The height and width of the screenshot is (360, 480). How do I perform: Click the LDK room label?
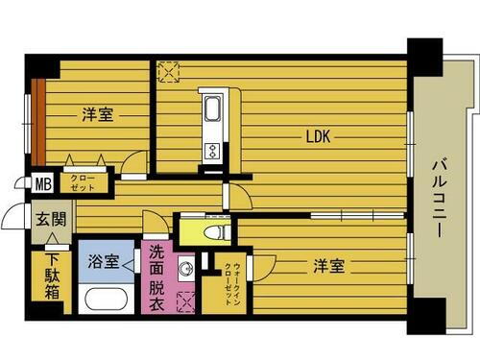[319, 136]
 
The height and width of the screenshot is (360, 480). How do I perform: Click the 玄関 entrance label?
[51, 219]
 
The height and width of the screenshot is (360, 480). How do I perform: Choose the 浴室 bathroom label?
[105, 261]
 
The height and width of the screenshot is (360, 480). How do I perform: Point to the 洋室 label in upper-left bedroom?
[97, 115]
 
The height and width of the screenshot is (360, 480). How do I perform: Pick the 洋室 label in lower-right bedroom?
[326, 266]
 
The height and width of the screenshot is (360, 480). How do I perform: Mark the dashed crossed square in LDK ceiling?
[170, 72]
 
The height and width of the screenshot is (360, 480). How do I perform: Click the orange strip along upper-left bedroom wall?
[38, 120]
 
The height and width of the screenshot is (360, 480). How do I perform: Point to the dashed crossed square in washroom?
[186, 300]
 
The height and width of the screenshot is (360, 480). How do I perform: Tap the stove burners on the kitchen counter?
[212, 150]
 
